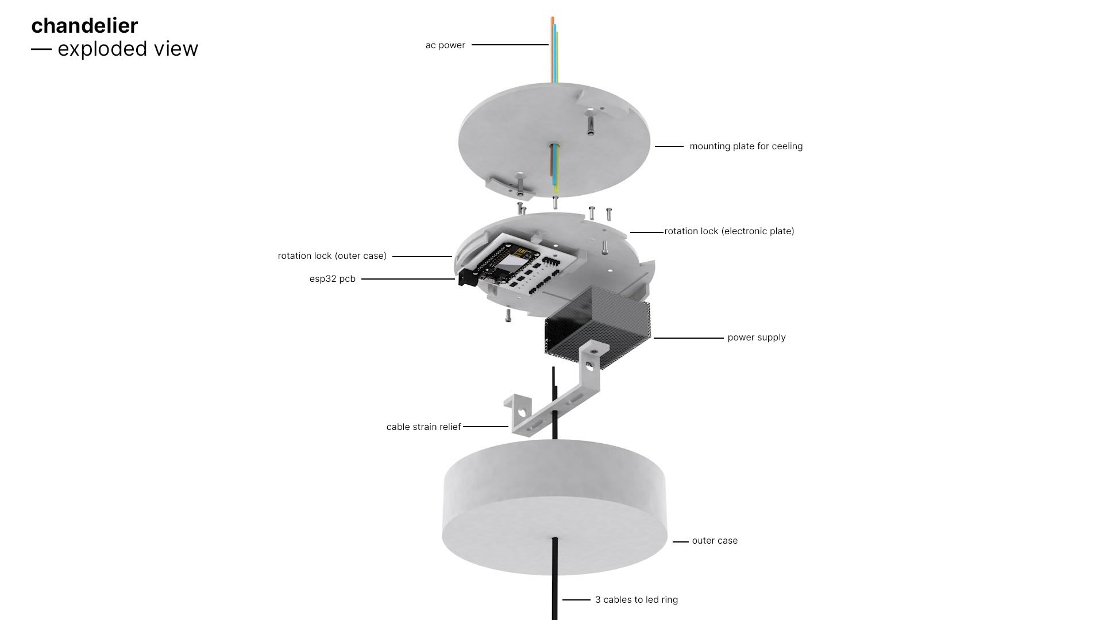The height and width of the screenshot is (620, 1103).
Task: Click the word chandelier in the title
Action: coord(84,26)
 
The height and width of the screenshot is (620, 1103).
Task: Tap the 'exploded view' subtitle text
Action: coord(128,49)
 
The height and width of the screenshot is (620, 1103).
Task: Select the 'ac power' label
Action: coord(445,45)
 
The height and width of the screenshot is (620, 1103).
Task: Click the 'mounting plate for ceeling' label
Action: coord(746,146)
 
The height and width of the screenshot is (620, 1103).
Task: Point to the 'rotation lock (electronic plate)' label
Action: coord(729,231)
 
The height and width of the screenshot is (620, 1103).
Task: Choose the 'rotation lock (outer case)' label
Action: coord(332,256)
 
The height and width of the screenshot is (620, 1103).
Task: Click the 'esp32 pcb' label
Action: coord(332,279)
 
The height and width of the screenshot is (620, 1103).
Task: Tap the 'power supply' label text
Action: coord(756,338)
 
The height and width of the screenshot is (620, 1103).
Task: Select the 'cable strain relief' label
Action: coord(423,427)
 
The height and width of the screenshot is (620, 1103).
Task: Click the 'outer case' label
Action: coord(715,541)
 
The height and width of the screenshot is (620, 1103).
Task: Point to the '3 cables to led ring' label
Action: coord(637,600)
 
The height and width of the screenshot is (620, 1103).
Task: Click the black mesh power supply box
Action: coord(597,321)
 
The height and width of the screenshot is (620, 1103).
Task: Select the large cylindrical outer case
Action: coord(554,507)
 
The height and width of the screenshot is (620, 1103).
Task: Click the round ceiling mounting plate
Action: coord(554,141)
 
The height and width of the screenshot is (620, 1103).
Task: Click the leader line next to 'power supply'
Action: coord(688,338)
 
